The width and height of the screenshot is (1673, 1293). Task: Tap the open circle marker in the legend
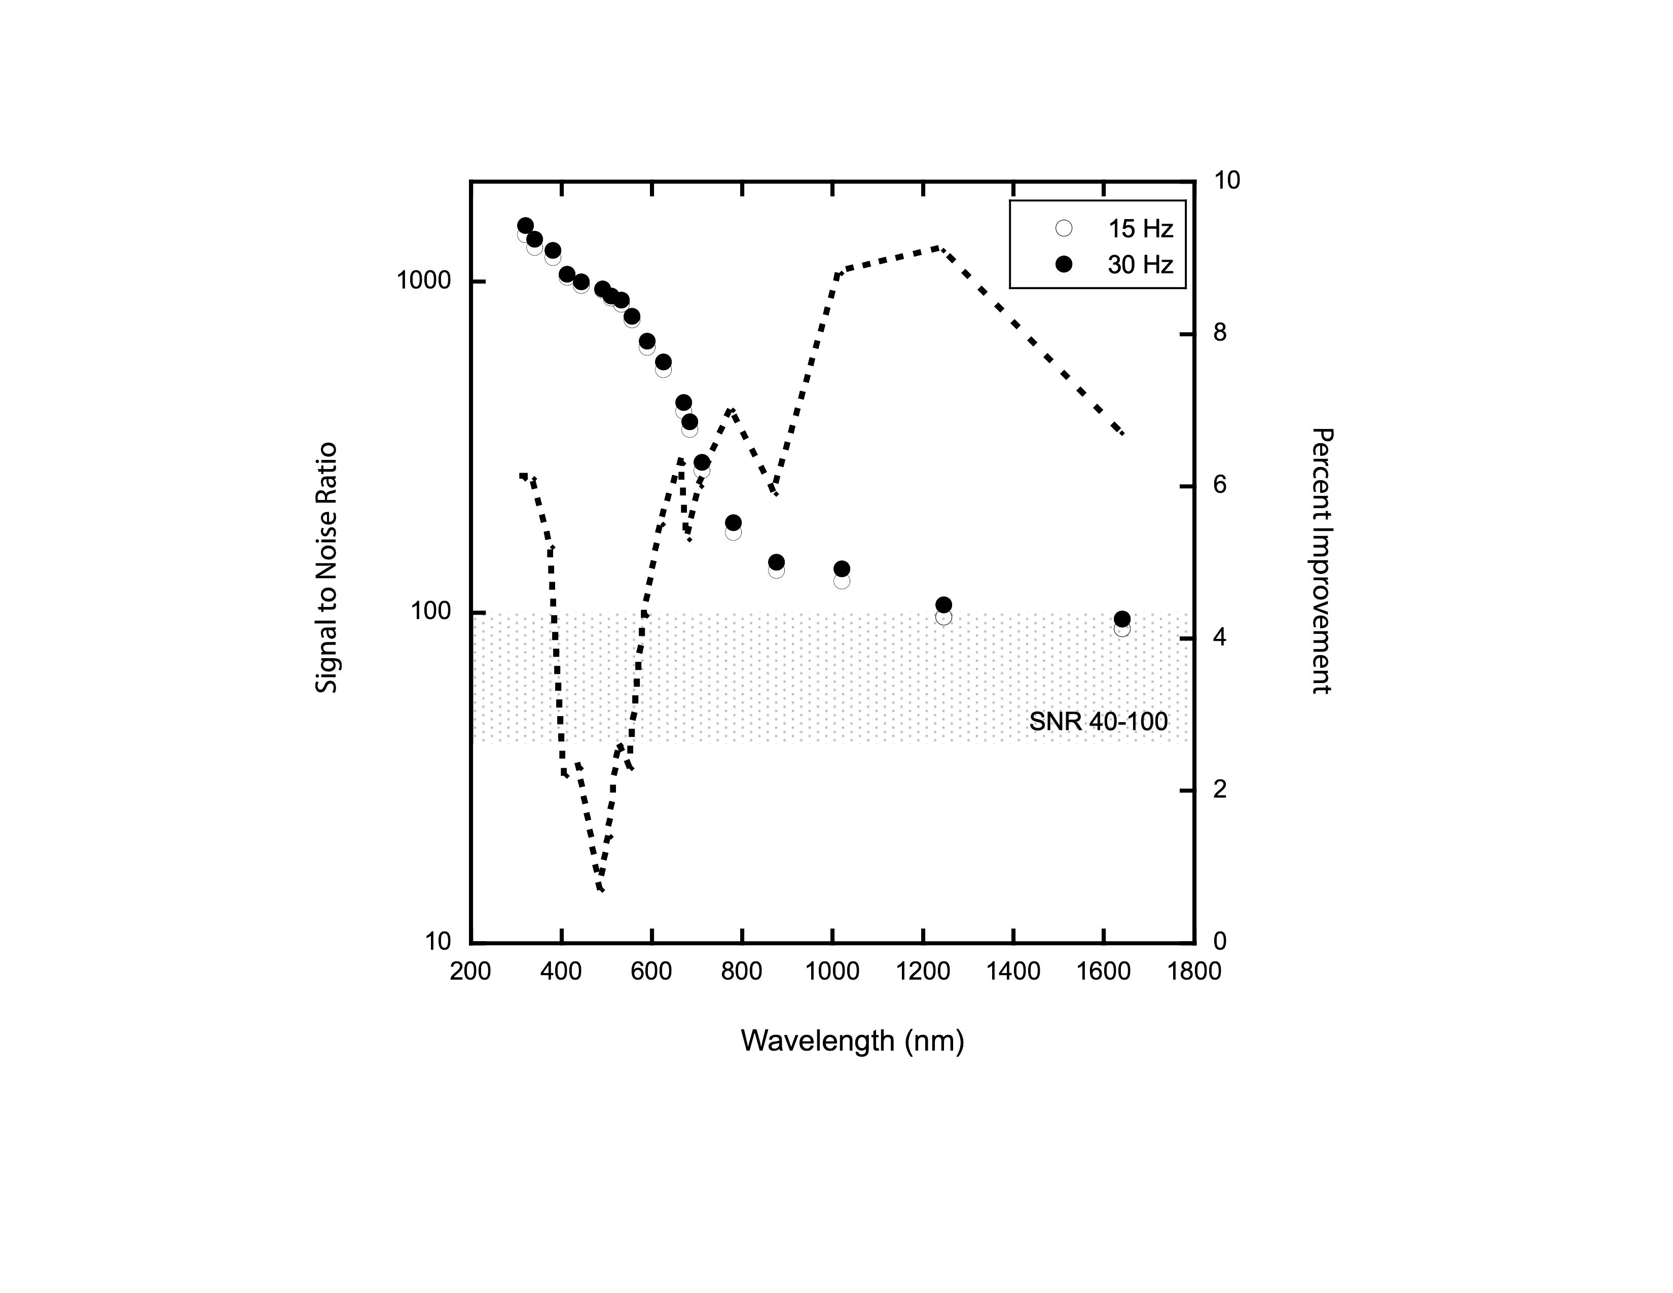click(1064, 228)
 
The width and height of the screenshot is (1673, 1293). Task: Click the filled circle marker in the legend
click(1064, 264)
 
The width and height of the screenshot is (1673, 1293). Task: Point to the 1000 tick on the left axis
click(424, 281)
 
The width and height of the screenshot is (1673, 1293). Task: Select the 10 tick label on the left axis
click(438, 942)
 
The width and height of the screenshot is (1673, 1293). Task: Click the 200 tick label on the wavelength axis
click(470, 972)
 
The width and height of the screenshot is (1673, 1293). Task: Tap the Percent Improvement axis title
click(1321, 561)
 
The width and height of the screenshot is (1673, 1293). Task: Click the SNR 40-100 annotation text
click(1099, 722)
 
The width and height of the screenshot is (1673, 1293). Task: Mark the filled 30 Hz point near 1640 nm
click(1122, 620)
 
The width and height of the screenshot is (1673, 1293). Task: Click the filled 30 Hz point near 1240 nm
click(944, 605)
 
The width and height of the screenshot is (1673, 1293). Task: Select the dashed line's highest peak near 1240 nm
click(939, 248)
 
